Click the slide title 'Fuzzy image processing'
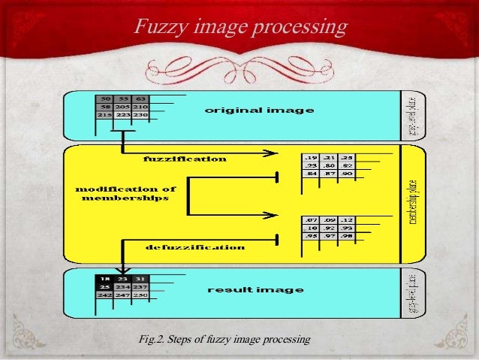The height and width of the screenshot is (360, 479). coord(240,28)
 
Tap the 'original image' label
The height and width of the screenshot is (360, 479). coord(259,111)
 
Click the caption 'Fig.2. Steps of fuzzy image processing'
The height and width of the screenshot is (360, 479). coord(224,340)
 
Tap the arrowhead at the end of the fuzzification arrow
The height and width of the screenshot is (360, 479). coord(269,154)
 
